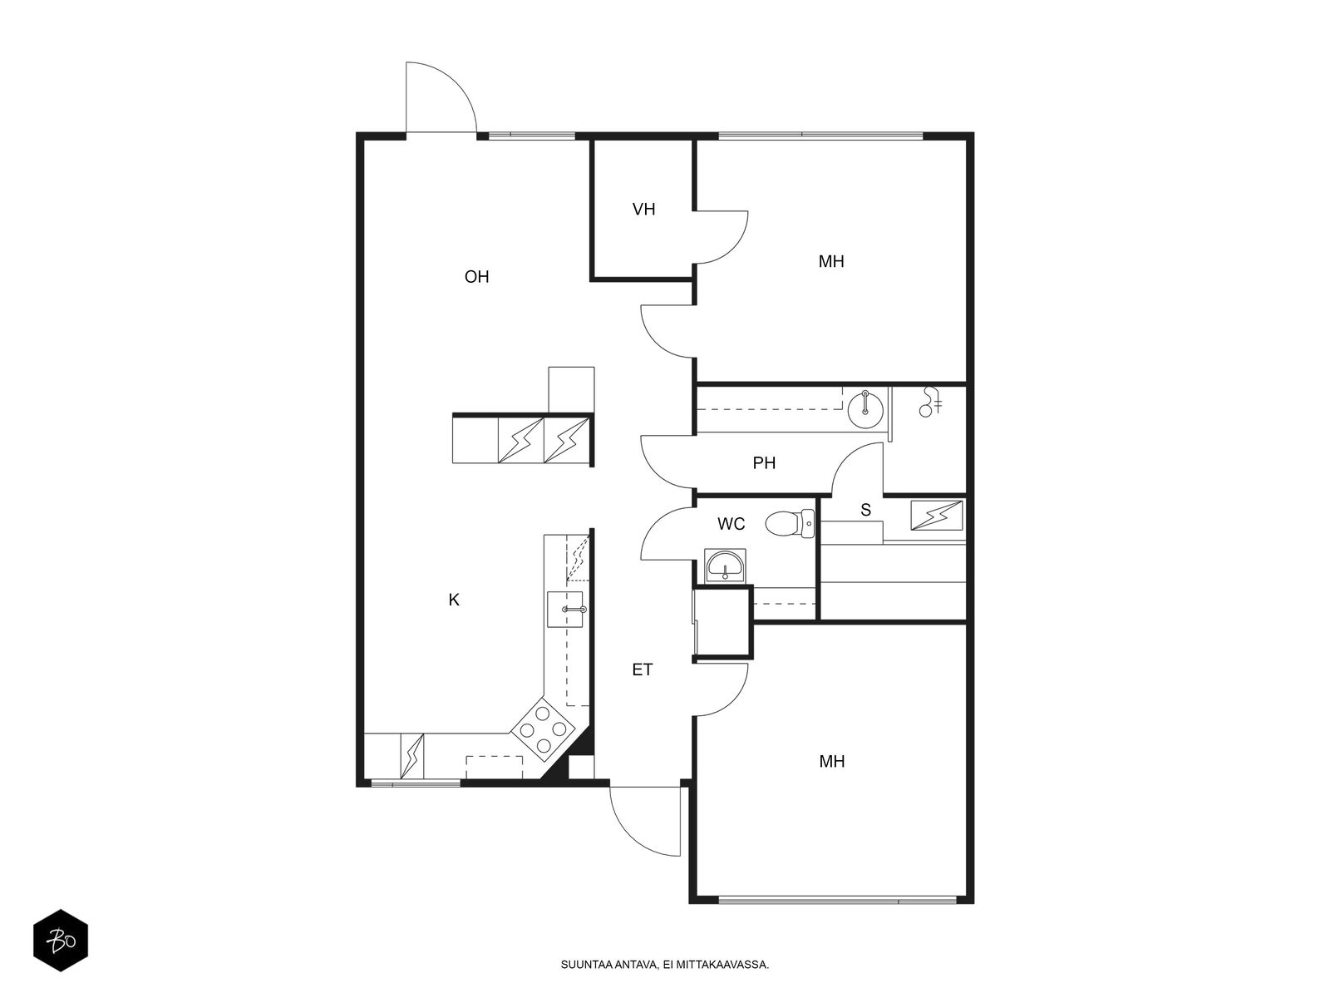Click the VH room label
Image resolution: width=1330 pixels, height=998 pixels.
[643, 210]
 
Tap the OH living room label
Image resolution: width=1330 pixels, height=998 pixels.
[476, 277]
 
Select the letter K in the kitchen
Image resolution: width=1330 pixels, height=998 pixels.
[454, 600]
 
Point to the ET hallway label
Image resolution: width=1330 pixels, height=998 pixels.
[643, 669]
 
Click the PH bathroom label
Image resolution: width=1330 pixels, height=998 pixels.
[764, 463]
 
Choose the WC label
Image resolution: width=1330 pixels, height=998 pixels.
[731, 524]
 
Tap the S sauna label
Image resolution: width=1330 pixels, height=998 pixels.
[866, 510]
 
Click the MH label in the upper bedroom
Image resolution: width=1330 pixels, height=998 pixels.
[831, 262]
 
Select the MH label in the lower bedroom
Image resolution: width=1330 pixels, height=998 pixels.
[832, 762]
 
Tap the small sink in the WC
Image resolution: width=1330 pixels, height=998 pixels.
[726, 566]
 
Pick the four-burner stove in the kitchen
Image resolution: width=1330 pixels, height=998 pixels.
[542, 729]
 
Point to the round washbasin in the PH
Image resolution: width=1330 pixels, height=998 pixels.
[866, 409]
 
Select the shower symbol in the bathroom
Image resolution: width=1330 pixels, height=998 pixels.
[930, 402]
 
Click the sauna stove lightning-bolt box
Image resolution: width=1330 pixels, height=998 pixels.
[937, 515]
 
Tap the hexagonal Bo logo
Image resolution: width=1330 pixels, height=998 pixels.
[61, 941]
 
